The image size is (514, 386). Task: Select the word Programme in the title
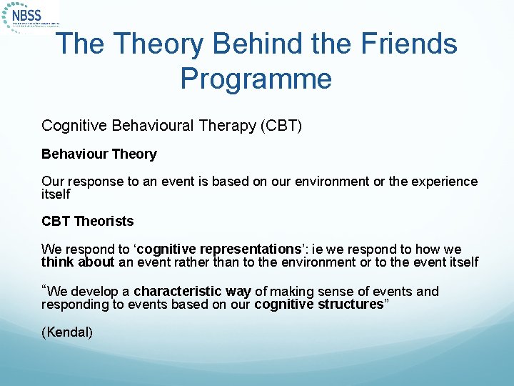click(x=256, y=78)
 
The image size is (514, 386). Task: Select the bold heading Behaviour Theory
click(x=99, y=154)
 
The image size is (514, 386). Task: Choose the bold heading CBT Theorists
click(x=88, y=222)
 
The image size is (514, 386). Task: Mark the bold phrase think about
click(x=78, y=262)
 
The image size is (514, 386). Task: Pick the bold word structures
click(x=350, y=305)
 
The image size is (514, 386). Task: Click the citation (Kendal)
click(x=67, y=332)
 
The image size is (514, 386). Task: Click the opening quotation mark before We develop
click(x=44, y=289)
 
